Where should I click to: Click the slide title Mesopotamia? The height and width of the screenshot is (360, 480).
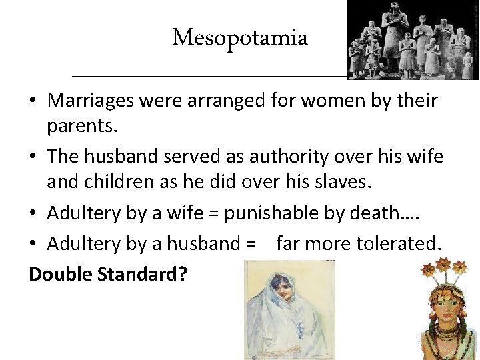point(240,39)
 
